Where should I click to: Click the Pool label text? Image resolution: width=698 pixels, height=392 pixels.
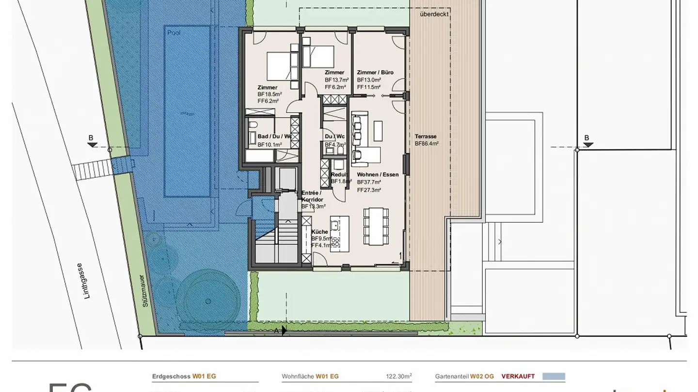[x=174, y=33]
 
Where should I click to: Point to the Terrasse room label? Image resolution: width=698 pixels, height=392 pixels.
[x=426, y=136]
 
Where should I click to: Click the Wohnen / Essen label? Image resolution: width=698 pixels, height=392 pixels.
[x=378, y=175]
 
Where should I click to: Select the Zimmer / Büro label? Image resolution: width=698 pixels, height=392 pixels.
[x=375, y=73]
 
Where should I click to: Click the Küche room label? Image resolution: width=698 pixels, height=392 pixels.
[x=319, y=232]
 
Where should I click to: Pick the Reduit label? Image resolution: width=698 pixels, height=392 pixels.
[x=339, y=175]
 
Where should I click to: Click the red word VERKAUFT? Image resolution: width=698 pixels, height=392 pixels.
[x=518, y=376]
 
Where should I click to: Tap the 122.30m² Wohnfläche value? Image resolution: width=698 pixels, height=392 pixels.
[x=399, y=376]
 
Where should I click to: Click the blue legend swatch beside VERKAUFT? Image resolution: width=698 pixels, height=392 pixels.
[x=554, y=376]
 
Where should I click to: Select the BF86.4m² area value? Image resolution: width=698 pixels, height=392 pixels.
[x=427, y=144]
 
